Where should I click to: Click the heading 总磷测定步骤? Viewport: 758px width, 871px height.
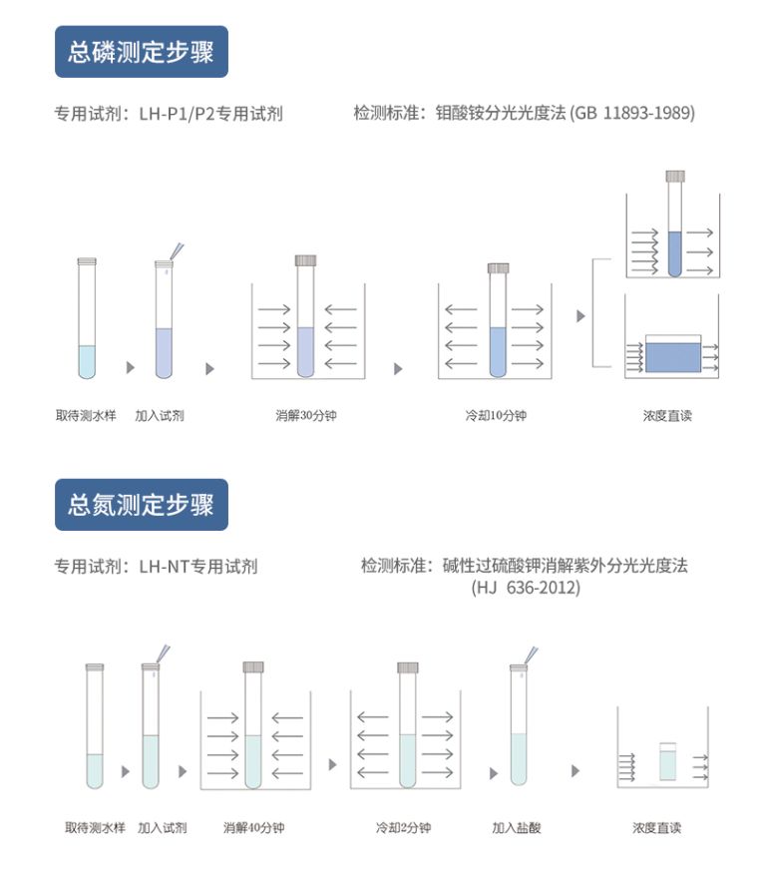141,52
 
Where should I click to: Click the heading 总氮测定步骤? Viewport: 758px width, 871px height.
141,504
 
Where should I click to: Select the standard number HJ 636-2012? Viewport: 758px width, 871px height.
526,588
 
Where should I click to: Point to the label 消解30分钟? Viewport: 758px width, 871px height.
306,415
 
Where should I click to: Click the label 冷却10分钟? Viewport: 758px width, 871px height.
496,415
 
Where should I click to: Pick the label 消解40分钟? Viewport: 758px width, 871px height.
254,827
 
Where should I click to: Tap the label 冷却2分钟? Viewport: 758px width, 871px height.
403,827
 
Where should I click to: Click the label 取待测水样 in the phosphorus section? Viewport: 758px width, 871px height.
86,415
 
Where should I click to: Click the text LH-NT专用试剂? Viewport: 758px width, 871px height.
198,567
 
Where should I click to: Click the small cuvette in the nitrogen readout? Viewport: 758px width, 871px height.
667,763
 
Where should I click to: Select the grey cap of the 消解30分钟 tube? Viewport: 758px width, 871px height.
305,260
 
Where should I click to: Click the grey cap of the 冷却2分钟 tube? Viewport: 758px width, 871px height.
407,667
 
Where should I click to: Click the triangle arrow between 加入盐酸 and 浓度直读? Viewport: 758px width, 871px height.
575,771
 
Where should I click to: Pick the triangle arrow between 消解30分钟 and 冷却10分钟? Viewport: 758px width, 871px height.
398,369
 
